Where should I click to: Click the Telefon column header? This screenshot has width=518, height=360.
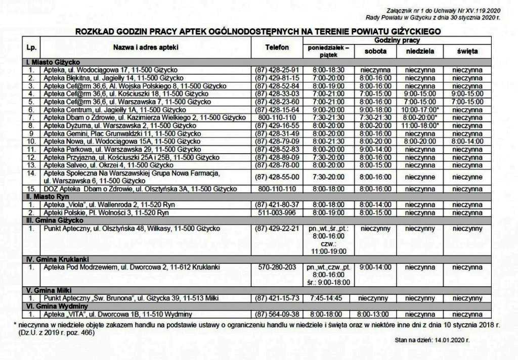(x=277, y=48)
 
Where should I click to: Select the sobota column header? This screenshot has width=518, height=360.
(x=375, y=52)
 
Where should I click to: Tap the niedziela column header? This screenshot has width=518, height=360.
(x=419, y=52)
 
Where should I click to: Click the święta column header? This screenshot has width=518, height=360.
(x=467, y=52)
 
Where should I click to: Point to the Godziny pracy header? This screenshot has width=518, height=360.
(x=397, y=40)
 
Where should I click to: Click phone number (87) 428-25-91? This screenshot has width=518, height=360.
(x=277, y=70)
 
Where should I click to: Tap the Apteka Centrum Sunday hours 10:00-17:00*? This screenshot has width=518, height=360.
(x=419, y=110)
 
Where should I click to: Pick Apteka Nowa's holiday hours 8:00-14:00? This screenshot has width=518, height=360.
(x=467, y=142)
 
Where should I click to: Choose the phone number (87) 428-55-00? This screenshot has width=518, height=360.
(x=277, y=177)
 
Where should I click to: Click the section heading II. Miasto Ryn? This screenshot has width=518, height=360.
(x=48, y=196)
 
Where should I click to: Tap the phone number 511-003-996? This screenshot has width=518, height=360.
(x=277, y=213)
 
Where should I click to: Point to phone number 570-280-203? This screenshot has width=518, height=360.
(x=277, y=267)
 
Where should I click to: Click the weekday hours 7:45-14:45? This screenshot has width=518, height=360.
(x=328, y=298)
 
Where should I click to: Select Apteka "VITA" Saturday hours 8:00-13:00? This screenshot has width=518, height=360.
(x=375, y=314)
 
